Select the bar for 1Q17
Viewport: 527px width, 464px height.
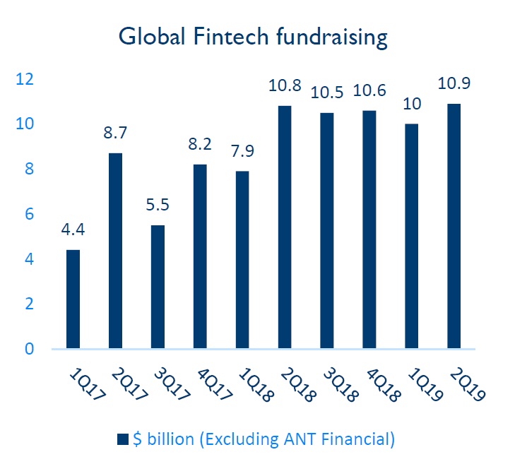click(73, 299)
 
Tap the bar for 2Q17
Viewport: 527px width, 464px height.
click(115, 251)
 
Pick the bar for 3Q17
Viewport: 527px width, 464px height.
click(158, 287)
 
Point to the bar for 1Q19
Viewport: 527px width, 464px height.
click(412, 236)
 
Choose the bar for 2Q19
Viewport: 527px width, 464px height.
click(454, 226)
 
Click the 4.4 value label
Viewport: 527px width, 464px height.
click(73, 230)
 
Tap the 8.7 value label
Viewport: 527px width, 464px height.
click(115, 133)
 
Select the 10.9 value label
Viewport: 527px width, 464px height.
click(454, 83)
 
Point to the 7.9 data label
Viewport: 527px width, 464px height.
click(242, 151)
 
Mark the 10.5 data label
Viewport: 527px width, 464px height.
click(327, 93)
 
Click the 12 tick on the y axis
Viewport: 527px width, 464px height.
click(25, 79)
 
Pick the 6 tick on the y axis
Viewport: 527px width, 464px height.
click(29, 214)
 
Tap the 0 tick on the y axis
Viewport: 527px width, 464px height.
click(29, 349)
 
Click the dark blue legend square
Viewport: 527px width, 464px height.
click(122, 439)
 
